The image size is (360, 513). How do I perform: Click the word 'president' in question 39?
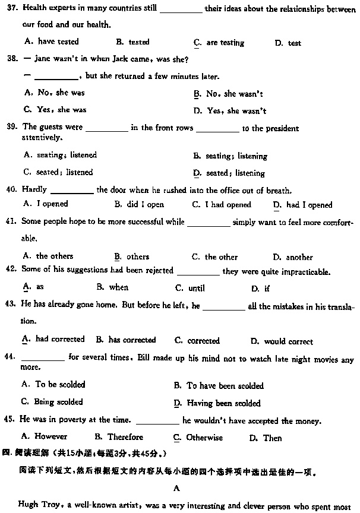pos(276,128)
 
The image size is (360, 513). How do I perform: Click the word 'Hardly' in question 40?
pos(34,190)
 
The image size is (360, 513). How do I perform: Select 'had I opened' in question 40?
pos(309,205)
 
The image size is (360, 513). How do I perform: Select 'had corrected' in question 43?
pos(59,340)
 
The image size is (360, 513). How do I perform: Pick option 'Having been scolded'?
pos(223,403)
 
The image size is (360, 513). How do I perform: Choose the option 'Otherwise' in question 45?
pos(204,438)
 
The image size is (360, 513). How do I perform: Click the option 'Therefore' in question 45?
pos(125,438)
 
